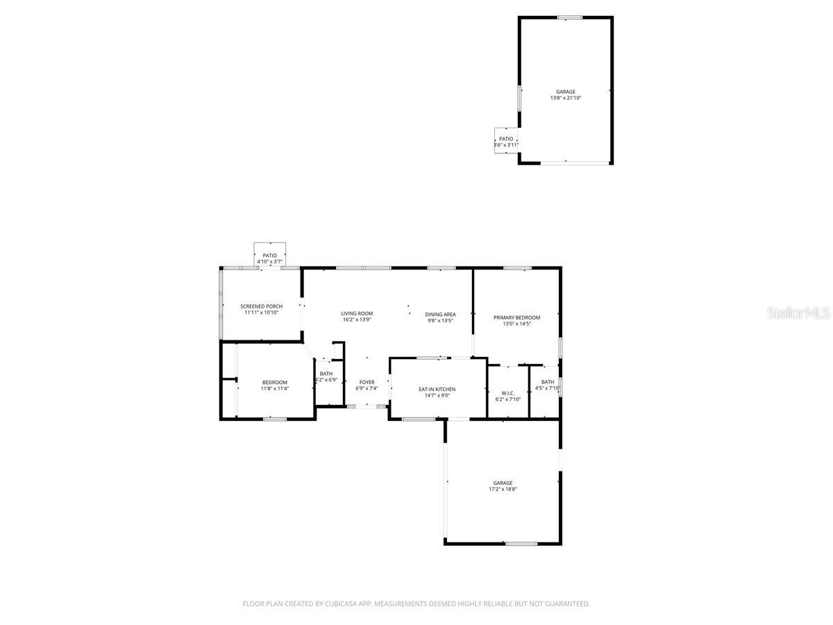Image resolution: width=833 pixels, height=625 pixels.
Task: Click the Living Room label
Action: pos(357,313)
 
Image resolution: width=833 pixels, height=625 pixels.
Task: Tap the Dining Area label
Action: pos(440,315)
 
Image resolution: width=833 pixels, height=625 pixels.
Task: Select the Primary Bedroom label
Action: pos(516,317)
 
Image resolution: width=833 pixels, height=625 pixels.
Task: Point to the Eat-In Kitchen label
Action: pos(437,390)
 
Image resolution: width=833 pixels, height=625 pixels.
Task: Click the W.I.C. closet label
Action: pos(507,393)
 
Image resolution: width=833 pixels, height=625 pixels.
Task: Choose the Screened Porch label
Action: pos(261,306)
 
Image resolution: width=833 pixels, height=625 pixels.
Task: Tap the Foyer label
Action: pos(367,382)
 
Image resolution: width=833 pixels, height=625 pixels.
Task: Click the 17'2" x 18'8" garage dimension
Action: pos(503,489)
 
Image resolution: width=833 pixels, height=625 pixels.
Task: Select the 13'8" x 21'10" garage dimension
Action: pos(565,98)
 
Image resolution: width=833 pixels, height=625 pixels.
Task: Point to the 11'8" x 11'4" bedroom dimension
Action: pos(274,389)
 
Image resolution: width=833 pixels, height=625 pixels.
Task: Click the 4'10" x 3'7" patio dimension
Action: pos(269,262)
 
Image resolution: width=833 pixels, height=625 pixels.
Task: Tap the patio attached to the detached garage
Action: pos(506,139)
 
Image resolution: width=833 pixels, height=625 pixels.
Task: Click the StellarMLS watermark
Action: pos(798,313)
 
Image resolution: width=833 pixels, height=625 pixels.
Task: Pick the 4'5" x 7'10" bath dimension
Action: pos(548,388)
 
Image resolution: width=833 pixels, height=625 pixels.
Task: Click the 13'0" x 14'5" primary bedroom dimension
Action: pos(516,324)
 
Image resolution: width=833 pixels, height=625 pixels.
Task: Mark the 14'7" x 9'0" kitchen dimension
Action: pos(437,396)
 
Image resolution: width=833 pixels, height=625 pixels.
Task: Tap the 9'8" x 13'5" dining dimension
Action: pos(440,321)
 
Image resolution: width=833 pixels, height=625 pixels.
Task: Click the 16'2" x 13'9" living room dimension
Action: pos(357,319)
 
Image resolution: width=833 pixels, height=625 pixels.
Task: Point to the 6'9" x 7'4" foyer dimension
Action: pos(367,388)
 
